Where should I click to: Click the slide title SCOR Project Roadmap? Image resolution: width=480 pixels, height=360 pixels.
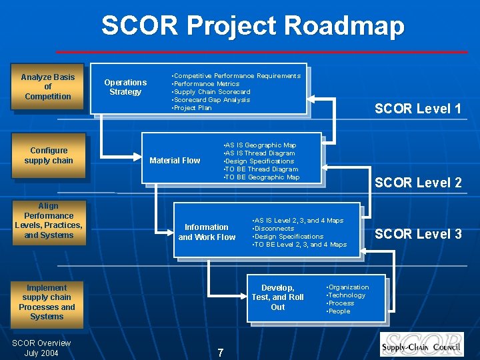coord(253,27)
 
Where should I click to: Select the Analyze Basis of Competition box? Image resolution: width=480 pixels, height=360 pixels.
coord(47,87)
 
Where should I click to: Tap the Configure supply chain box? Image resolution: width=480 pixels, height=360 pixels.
coord(49,155)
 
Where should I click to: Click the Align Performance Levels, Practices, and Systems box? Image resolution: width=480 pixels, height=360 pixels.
coord(48,221)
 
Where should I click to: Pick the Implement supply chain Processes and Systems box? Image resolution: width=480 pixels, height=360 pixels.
coord(47,302)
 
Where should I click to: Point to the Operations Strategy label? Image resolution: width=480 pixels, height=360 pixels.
coord(125,87)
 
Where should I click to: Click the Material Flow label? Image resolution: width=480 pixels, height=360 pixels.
coord(175,160)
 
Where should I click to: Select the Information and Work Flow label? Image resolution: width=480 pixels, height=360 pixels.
coord(207,232)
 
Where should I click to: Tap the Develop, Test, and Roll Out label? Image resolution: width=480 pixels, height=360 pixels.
coord(277,297)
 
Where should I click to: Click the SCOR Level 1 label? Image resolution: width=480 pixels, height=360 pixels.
coord(418,109)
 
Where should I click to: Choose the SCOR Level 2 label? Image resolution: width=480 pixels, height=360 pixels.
coord(418,183)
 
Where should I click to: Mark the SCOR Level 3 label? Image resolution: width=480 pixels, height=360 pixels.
coord(418,234)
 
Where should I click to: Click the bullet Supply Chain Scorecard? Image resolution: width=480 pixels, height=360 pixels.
coord(211,92)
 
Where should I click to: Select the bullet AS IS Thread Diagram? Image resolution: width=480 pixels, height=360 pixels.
coord(260,153)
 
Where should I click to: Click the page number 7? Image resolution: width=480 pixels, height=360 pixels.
coord(221,353)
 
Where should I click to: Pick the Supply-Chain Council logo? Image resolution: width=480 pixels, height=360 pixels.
coord(422,343)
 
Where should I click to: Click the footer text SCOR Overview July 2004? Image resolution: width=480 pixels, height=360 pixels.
coord(41,348)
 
